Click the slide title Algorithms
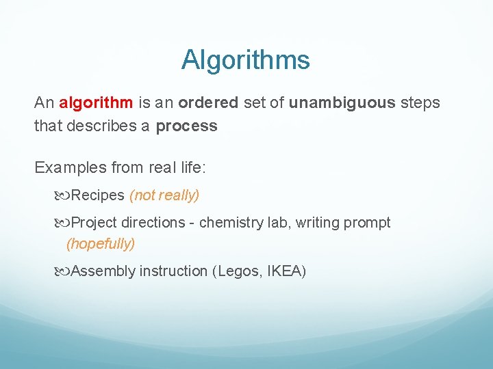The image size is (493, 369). point(246,60)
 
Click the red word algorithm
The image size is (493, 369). point(97,103)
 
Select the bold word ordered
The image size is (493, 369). point(208,103)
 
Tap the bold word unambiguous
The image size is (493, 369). point(342,103)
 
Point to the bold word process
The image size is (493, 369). point(186,126)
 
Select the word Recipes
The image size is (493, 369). point(97,195)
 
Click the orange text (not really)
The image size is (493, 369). point(164,195)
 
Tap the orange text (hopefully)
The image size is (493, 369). point(101,243)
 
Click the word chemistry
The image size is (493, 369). point(230,223)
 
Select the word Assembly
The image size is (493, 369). point(103,271)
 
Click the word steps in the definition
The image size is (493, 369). point(420,103)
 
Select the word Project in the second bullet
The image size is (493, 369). point(94,223)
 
